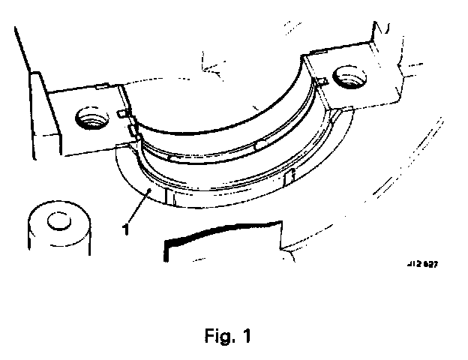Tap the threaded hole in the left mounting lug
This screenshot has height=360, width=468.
pos(92,117)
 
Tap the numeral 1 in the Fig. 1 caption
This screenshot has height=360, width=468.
pos(247,337)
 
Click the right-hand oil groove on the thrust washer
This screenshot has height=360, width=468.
pos(291,177)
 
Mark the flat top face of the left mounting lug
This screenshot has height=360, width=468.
pos(82,105)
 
